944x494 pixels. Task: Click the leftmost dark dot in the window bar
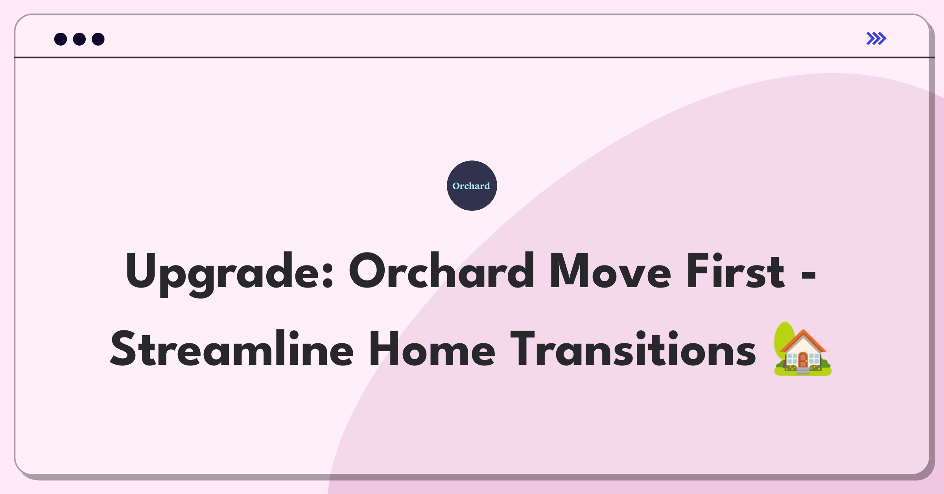coord(61,39)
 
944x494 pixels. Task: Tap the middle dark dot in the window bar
coord(79,39)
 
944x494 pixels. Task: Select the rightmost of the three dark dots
coord(98,39)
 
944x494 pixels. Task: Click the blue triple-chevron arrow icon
coord(876,39)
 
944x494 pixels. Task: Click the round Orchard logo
coord(472,186)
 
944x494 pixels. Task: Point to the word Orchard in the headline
coord(441,271)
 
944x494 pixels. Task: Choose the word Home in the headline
coord(432,349)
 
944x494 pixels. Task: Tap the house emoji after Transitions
coord(802,349)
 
